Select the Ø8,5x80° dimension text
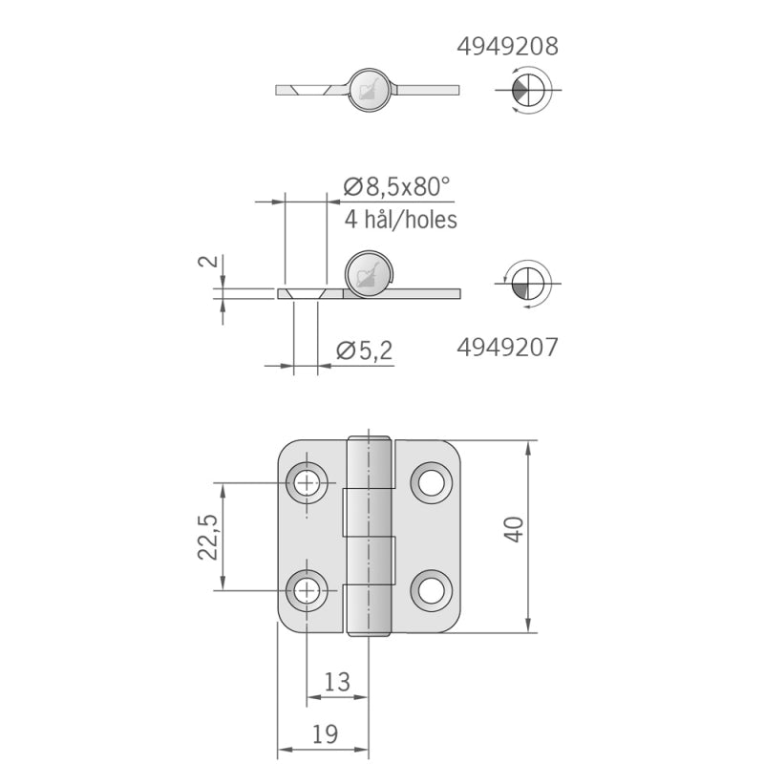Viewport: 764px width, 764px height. [x=397, y=187]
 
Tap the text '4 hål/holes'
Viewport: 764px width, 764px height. [x=400, y=220]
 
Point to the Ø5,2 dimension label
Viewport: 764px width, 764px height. [x=364, y=351]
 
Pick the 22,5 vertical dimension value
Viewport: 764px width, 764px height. [x=208, y=537]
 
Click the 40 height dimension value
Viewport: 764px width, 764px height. [x=514, y=529]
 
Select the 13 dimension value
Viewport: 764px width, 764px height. [x=337, y=682]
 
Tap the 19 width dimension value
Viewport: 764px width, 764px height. [x=324, y=733]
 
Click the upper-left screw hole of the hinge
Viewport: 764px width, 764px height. [x=308, y=483]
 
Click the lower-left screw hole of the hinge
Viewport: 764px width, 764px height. [x=308, y=590]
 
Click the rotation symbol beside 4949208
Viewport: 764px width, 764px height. [x=527, y=90]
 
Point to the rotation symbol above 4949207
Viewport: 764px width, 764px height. [x=527, y=284]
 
